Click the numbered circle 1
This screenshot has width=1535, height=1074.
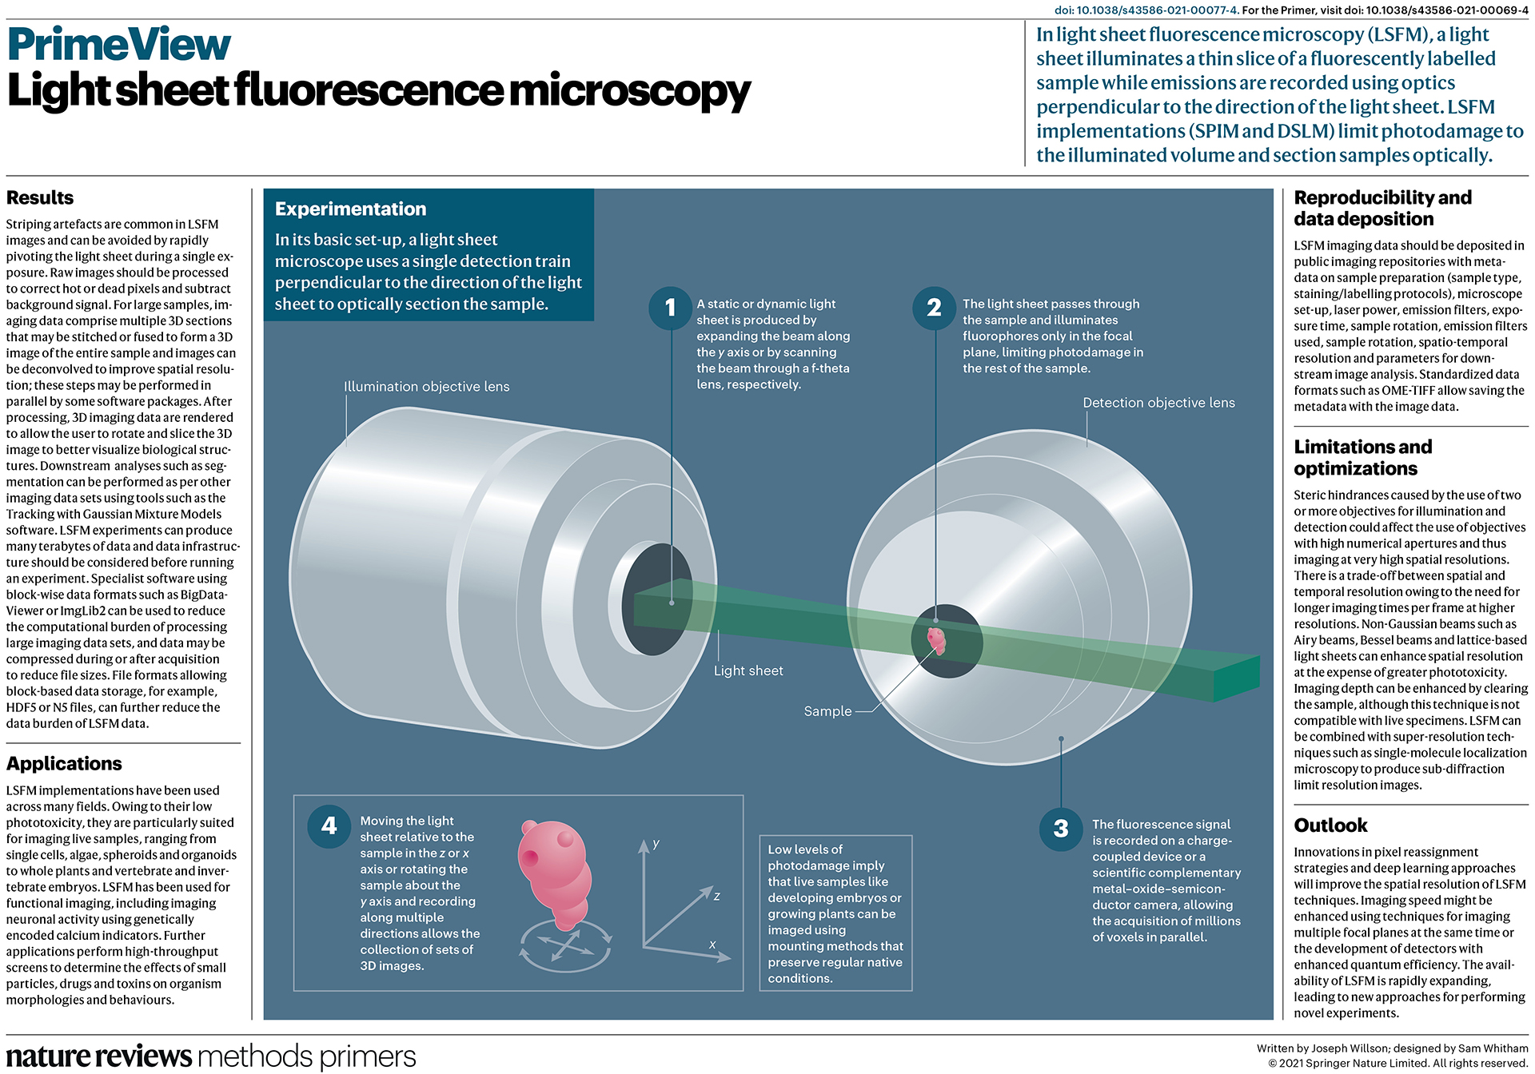(x=670, y=308)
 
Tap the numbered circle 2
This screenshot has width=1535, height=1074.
(x=934, y=308)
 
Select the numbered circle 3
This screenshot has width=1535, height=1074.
(x=1061, y=829)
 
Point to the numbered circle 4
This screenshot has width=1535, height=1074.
(x=329, y=825)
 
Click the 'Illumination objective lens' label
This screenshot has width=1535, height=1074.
(x=426, y=387)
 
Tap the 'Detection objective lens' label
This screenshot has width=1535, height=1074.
(x=1158, y=403)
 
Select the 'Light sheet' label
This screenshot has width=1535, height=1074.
(x=748, y=671)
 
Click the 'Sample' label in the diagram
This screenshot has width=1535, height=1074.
(x=827, y=711)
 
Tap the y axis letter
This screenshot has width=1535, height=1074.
(x=656, y=843)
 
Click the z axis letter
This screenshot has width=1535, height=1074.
(x=717, y=896)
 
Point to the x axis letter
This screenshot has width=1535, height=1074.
(x=712, y=945)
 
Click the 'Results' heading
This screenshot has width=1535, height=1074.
(x=40, y=197)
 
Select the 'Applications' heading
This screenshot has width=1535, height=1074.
(x=64, y=763)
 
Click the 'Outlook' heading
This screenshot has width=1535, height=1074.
(x=1330, y=825)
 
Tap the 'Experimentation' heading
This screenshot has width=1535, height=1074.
(x=350, y=209)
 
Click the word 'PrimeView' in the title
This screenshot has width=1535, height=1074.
(x=118, y=45)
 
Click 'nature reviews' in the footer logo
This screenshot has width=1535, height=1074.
(x=99, y=1056)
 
